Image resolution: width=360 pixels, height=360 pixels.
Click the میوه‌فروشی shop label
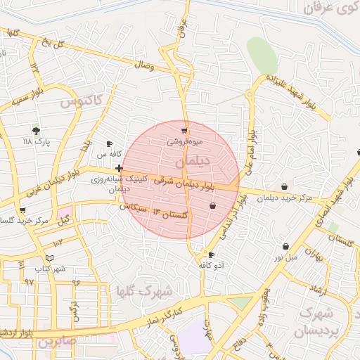pos(184,141)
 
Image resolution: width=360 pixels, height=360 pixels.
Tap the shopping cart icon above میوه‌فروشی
pos(184,131)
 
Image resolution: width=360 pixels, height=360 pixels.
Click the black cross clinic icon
pos(119,169)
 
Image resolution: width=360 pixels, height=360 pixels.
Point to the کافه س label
pos(110,153)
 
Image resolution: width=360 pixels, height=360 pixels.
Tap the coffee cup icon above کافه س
pos(110,143)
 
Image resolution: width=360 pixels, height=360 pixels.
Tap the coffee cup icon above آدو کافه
pos(211,255)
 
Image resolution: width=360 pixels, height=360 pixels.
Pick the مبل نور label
pos(285,257)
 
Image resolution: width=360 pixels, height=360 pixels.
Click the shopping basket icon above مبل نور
pos(285,246)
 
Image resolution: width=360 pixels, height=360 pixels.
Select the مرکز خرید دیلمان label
pos(284,198)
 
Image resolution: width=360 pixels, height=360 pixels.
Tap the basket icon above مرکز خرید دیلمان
pos(284,187)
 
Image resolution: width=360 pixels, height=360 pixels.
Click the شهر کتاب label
pos(49,269)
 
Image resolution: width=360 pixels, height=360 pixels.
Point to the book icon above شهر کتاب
pos(49,258)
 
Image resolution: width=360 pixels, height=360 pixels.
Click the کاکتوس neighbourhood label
pos(80,101)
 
